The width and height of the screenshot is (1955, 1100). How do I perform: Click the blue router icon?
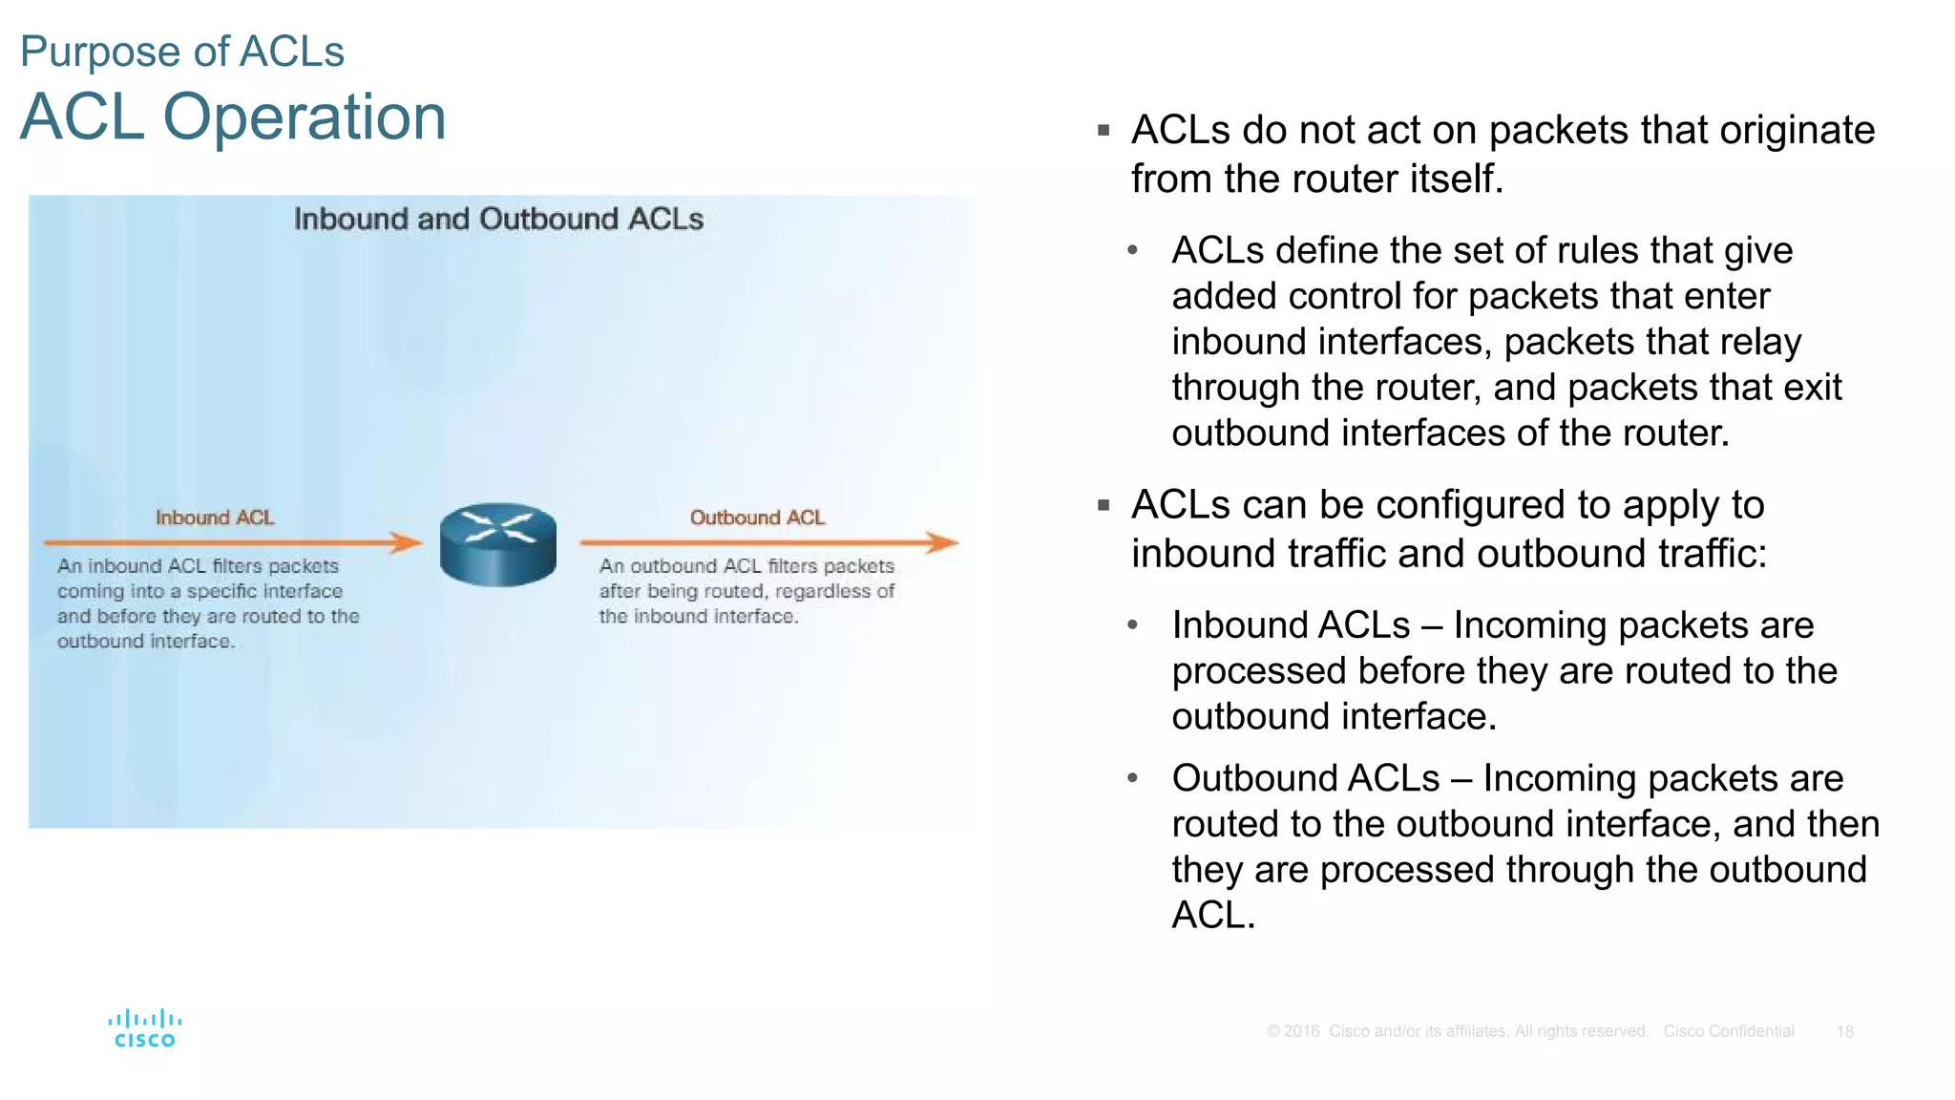(x=497, y=544)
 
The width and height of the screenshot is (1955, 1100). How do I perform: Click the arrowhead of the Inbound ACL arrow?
(x=409, y=542)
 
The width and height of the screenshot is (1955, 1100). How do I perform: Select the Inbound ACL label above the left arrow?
(x=215, y=518)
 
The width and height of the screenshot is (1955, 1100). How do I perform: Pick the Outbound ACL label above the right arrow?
(x=757, y=518)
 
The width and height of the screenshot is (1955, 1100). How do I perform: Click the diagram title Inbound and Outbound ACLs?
(x=498, y=219)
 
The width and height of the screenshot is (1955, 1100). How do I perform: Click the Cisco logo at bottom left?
(x=145, y=1028)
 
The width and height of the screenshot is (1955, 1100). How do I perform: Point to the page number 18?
(x=1844, y=1031)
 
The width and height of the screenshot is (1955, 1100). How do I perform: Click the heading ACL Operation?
(x=233, y=117)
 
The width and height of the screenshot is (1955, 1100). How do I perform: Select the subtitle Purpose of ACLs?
(x=182, y=52)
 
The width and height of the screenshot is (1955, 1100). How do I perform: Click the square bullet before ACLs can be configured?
(x=1104, y=505)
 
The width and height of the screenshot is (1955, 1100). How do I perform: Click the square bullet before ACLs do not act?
(x=1104, y=130)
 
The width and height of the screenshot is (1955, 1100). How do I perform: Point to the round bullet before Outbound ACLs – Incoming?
(x=1132, y=778)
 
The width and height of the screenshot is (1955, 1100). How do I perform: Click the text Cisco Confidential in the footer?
(x=1728, y=1031)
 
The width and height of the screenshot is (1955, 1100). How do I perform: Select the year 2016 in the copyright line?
(x=1301, y=1031)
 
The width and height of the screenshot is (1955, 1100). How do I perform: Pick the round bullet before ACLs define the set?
(x=1132, y=250)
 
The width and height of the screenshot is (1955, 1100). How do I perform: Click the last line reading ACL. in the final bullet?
(x=1212, y=915)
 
